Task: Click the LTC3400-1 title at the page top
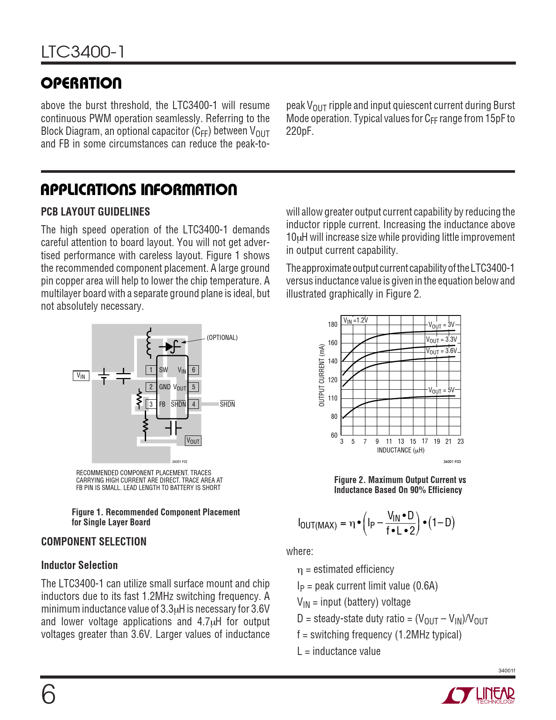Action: click(83, 52)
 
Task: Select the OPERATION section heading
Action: click(81, 83)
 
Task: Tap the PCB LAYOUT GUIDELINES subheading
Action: click(96, 212)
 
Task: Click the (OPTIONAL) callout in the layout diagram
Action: click(222, 338)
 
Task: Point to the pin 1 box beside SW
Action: click(151, 370)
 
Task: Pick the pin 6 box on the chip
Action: click(194, 370)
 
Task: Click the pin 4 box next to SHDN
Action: click(194, 404)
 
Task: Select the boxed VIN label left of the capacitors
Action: click(81, 376)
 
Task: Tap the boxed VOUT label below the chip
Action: click(193, 441)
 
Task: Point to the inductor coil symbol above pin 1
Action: click(149, 343)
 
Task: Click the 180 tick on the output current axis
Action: click(333, 325)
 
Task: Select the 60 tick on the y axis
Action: click(334, 435)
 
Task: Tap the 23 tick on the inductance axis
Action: click(460, 442)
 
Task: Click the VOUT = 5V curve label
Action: click(441, 390)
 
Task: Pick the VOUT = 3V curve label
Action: click(441, 325)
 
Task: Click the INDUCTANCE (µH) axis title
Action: click(401, 450)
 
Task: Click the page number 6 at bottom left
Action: click(48, 694)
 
